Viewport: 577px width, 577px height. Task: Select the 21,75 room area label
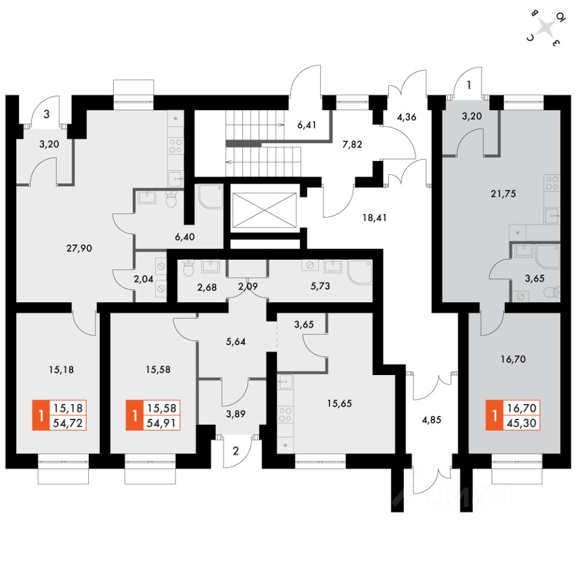(503, 194)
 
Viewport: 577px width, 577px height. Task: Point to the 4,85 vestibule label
(431, 420)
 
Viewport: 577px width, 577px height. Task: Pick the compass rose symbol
(546, 28)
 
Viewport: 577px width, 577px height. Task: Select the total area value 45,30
(522, 423)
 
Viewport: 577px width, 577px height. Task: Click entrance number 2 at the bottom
(236, 451)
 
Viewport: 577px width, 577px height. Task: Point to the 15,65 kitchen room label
(340, 403)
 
